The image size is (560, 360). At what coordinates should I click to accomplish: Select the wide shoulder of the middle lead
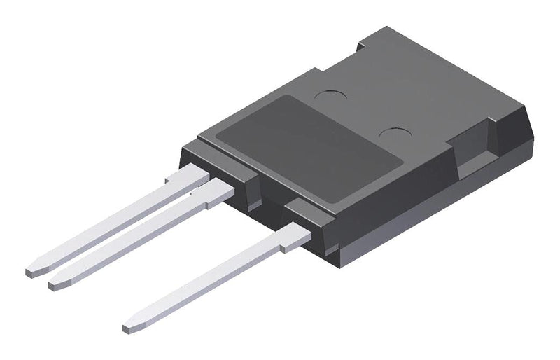[218, 190]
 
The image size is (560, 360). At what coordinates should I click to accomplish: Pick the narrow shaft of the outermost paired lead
[105, 224]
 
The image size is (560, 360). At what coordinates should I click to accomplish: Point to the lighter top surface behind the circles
[420, 77]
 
